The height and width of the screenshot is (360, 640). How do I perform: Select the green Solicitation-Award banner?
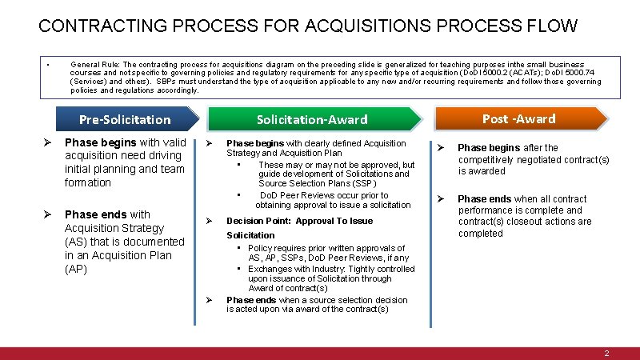[x=312, y=119]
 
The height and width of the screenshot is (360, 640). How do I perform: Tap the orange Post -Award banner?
[x=518, y=118]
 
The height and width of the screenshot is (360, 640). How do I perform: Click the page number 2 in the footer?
[x=607, y=353]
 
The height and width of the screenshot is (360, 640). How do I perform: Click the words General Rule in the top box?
[x=94, y=64]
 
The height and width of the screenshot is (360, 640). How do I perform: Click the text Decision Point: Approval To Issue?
[x=299, y=221]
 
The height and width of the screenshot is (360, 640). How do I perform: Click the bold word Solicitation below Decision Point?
[x=250, y=235]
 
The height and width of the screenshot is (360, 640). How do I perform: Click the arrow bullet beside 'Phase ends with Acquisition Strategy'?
[x=46, y=214]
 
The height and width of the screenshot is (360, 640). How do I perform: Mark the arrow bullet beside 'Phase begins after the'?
[x=439, y=148]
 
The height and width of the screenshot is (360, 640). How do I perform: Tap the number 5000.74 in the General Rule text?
[x=570, y=73]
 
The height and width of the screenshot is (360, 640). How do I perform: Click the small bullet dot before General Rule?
[x=49, y=65]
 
